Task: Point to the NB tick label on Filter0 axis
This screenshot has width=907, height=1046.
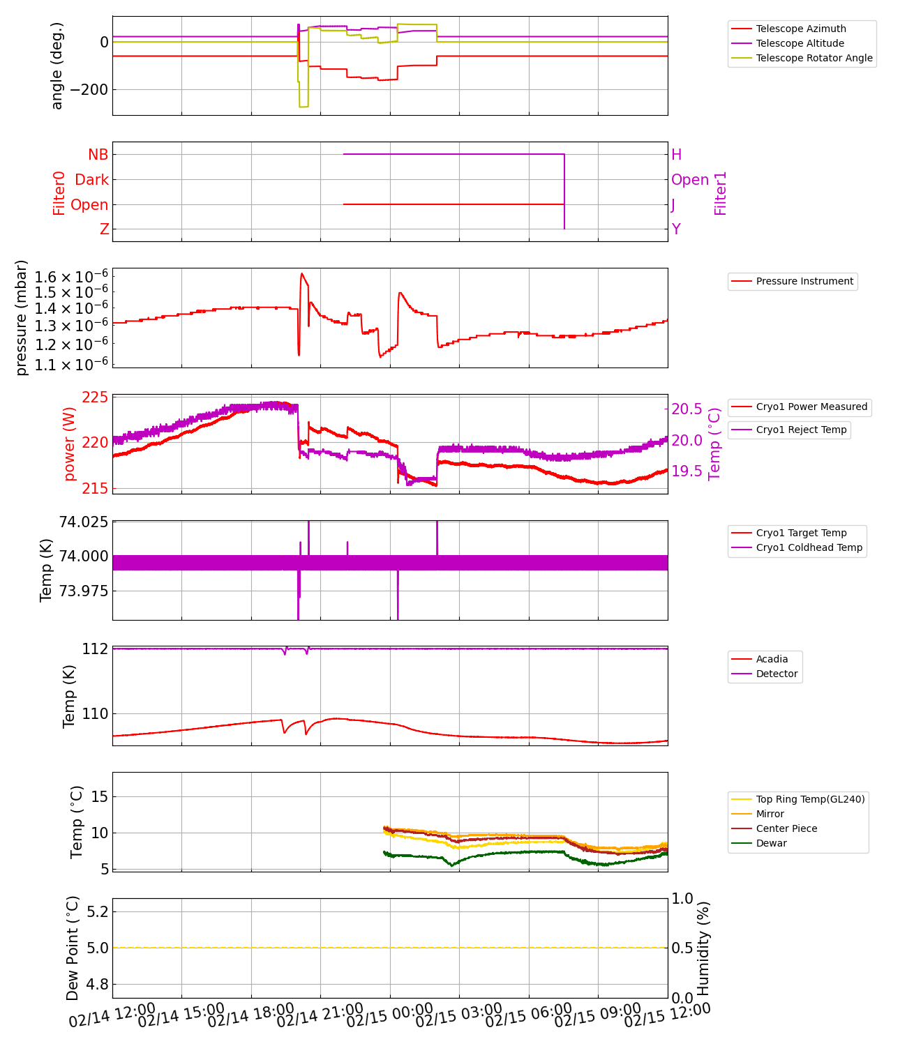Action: point(98,155)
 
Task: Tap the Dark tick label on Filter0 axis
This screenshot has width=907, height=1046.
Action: point(92,180)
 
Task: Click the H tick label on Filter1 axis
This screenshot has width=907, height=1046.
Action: point(676,155)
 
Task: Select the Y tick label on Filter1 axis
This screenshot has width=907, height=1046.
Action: point(675,229)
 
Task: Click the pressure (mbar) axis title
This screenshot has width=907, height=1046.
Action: point(22,318)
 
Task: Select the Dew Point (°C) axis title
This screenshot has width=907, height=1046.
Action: point(73,948)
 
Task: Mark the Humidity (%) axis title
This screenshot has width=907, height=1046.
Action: point(703,948)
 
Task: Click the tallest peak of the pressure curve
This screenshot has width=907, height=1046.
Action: point(301,273)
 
